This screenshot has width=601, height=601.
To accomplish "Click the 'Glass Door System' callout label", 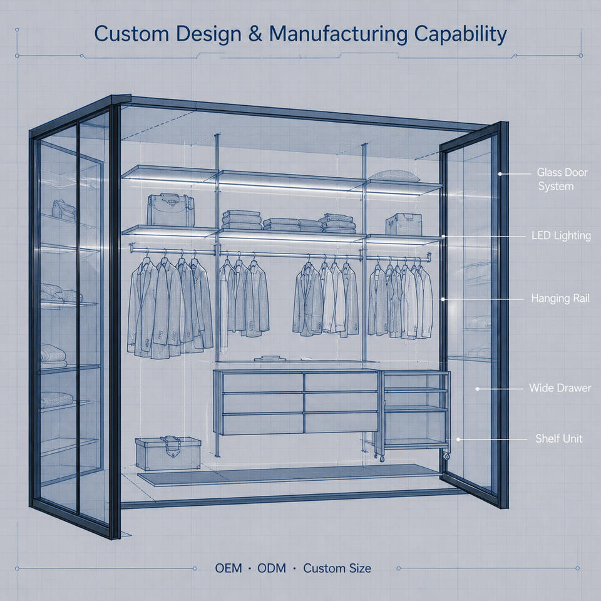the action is pyautogui.click(x=562, y=180).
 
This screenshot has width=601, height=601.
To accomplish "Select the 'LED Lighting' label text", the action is pyautogui.click(x=561, y=235).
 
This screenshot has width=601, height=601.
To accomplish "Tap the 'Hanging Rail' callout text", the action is pyautogui.click(x=560, y=298).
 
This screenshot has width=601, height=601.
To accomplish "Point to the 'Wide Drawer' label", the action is pyautogui.click(x=560, y=388).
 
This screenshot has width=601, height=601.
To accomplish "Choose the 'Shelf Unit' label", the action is pyautogui.click(x=559, y=438).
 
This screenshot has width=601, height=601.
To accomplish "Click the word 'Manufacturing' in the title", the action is pyautogui.click(x=338, y=34).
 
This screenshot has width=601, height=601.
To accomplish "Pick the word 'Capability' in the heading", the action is pyautogui.click(x=460, y=34).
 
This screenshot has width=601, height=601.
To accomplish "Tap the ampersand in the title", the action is pyautogui.click(x=255, y=34).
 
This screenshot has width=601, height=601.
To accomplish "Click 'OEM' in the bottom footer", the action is pyautogui.click(x=229, y=568).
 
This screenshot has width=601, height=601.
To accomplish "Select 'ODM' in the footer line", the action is pyautogui.click(x=272, y=568).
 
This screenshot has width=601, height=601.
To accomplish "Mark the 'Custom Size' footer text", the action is pyautogui.click(x=337, y=568).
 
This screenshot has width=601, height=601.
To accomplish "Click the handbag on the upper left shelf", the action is pyautogui.click(x=170, y=210).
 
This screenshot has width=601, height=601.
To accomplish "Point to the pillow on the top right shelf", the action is pyautogui.click(x=394, y=176).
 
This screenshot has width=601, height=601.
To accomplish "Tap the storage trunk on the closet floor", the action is pyautogui.click(x=168, y=453).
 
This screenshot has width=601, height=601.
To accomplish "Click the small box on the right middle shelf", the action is pyautogui.click(x=404, y=224).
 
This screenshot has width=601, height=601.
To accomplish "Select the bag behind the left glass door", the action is pyautogui.click(x=64, y=210).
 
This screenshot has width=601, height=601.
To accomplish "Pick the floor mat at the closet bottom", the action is pyautogui.click(x=290, y=475).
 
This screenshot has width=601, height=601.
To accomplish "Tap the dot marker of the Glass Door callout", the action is pyautogui.click(x=500, y=174).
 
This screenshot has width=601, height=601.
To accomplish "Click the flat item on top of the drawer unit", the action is pyautogui.click(x=270, y=359).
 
